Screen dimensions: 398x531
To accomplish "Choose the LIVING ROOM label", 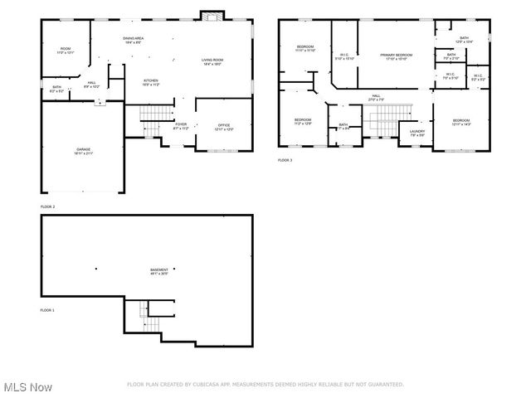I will [x=213, y=61].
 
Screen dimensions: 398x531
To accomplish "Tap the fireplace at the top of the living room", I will [x=211, y=17].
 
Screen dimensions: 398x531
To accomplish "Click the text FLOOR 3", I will [x=285, y=160].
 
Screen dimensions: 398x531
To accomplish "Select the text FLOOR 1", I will [x=47, y=309].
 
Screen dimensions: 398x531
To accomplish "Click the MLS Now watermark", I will [x=27, y=387].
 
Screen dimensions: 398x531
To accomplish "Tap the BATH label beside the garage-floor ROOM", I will [x=56, y=88].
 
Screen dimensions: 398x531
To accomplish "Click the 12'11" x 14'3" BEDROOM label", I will [x=461, y=123].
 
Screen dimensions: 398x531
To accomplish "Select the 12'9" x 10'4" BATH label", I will [x=464, y=38].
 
